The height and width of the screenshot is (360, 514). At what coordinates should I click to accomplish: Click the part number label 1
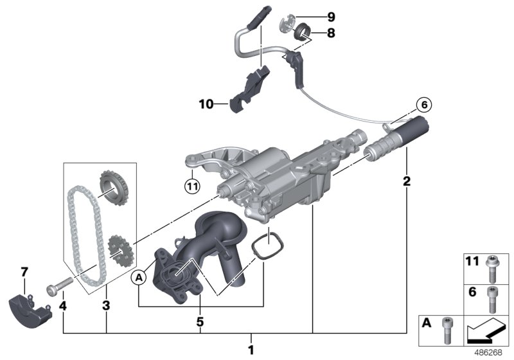[251, 350]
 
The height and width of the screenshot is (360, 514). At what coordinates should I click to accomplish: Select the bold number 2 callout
[406, 182]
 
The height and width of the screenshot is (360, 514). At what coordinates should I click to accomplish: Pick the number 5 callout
[200, 319]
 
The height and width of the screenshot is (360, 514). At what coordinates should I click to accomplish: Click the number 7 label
[25, 273]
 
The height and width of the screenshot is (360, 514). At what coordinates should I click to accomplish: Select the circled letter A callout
[138, 277]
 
